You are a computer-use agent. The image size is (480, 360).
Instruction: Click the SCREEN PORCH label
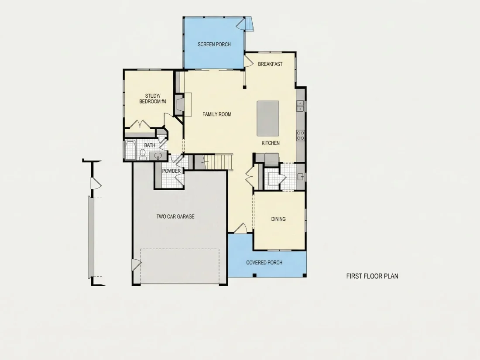[214, 45]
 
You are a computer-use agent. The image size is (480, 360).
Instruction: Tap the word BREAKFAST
[270, 64]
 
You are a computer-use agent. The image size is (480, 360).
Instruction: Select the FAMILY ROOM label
[217, 114]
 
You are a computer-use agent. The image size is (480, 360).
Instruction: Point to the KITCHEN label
[270, 143]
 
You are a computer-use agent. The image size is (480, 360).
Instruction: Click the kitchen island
[268, 118]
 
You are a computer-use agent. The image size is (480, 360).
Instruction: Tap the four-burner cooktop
[300, 135]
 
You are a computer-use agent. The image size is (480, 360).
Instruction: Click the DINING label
[278, 219]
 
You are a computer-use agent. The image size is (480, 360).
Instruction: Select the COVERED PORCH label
[264, 262]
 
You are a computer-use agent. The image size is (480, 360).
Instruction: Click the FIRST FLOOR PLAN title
[372, 276]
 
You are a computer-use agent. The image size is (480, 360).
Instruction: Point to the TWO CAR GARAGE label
[175, 216]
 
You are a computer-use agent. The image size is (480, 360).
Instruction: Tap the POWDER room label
[171, 171]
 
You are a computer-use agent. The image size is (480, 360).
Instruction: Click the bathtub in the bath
[130, 150]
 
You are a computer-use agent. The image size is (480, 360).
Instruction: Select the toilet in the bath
[143, 154]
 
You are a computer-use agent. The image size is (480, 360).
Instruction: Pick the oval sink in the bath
[158, 155]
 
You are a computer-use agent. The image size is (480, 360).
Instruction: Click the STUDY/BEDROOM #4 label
[152, 99]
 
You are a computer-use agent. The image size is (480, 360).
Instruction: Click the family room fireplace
[179, 104]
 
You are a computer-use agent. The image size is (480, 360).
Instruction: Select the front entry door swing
[240, 228]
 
